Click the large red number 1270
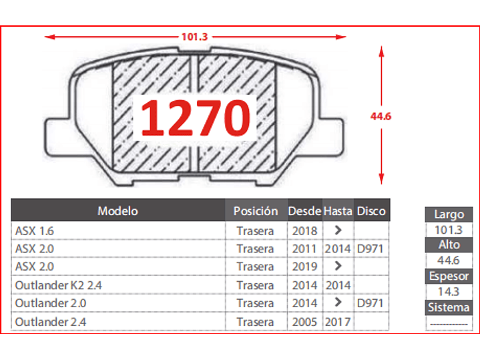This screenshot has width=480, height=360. pos(196,118)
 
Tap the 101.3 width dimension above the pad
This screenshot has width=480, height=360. pos(195,37)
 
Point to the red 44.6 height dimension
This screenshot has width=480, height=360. pos(381,116)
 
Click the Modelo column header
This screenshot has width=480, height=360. pos(118,211)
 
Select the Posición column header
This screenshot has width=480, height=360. pos(256,211)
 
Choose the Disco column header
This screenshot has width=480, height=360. pos(371,211)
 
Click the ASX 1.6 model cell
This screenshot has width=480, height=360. pos(35,231)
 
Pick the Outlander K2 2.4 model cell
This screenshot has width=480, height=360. pos(59,285)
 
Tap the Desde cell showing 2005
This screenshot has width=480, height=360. pos(304,322)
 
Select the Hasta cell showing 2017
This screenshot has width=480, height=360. pos(338,322)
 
